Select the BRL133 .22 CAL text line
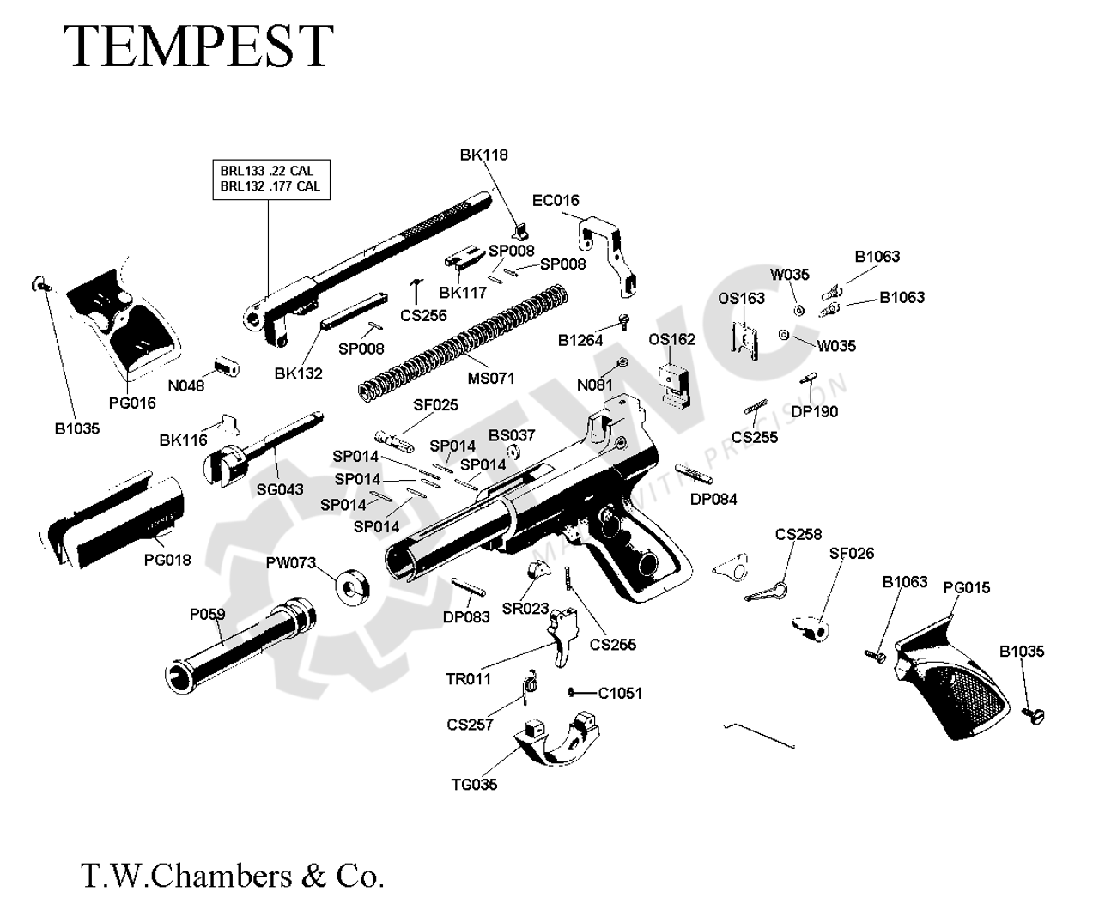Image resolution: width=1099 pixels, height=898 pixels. point(266,172)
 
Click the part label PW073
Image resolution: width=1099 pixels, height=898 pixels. point(291,563)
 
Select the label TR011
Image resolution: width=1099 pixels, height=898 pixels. point(468,679)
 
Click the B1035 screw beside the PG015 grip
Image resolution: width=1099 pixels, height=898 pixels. point(1031,713)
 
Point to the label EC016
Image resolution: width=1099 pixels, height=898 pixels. point(556,201)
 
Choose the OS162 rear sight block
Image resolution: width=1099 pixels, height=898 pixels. point(674,380)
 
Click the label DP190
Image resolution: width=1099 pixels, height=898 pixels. point(814,411)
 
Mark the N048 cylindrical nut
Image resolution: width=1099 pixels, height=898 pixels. point(227,367)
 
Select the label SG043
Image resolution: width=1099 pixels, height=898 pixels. point(280,489)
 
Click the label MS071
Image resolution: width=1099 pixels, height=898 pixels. point(489,378)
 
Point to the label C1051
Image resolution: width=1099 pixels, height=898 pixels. point(620,693)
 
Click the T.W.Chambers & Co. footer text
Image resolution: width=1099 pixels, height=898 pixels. point(232,876)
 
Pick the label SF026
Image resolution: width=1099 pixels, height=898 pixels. point(852,554)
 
